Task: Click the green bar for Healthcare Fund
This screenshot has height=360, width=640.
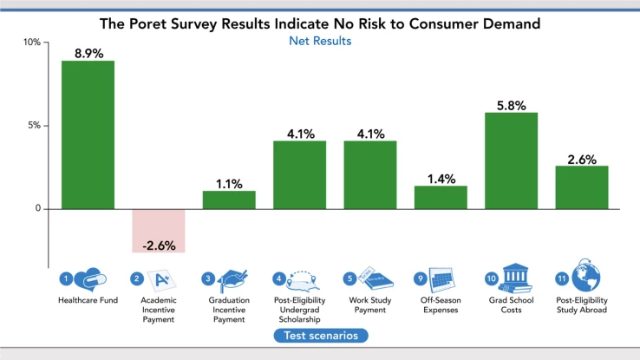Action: [88, 134]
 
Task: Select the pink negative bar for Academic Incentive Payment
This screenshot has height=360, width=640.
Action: [158, 230]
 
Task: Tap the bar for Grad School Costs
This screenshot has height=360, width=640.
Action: [511, 160]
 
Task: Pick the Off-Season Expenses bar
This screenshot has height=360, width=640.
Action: [441, 197]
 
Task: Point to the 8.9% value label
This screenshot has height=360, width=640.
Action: [88, 53]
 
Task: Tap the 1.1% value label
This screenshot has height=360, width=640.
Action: [229, 183]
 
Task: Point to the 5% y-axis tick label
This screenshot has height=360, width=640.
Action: [32, 126]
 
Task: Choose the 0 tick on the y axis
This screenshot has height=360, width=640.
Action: [37, 209]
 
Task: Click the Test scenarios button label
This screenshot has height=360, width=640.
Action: [320, 335]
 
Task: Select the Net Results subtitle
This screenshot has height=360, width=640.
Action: [320, 41]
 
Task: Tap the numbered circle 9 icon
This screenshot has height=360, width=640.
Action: [420, 278]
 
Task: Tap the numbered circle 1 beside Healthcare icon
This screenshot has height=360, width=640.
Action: [65, 278]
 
